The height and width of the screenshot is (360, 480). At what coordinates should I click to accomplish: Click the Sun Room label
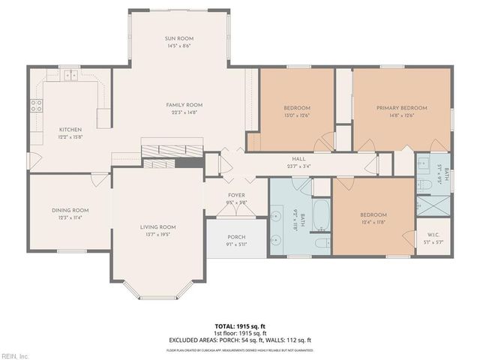pos(179,38)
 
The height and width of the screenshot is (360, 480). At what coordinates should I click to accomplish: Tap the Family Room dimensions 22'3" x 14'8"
pos(184,112)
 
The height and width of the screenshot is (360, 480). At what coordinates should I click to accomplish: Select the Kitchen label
pos(70,130)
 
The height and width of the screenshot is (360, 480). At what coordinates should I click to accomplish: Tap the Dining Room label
pos(70,210)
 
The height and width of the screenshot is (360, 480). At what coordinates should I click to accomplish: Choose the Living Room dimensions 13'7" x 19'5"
pos(157,234)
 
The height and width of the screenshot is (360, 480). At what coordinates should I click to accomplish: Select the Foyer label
pos(237,195)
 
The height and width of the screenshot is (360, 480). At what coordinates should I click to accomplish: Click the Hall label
pos(298,159)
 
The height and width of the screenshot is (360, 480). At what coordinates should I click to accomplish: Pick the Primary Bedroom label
pos(401,108)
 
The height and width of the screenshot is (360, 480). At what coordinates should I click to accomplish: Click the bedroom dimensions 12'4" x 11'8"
pos(373,220)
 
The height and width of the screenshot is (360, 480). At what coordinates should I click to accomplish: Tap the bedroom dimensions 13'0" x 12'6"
pos(297,115)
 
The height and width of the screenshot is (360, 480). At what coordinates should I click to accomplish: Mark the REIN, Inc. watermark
pos(15,355)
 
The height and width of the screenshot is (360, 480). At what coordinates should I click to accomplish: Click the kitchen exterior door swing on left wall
pos(33,160)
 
